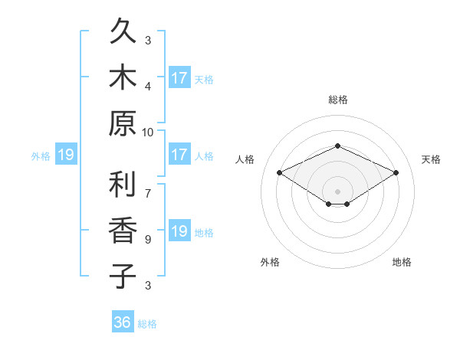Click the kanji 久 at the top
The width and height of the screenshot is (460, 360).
click(123, 30)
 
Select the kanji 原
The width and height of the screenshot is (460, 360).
click(123, 123)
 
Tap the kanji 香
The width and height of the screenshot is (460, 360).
click(123, 230)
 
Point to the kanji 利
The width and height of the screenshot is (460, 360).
click(123, 184)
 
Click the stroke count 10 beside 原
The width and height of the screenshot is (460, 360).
click(147, 133)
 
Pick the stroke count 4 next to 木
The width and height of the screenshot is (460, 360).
click(148, 87)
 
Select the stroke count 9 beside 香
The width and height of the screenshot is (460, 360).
click(148, 240)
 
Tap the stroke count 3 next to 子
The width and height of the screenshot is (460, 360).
click(148, 285)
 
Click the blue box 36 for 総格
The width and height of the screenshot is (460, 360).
click(123, 321)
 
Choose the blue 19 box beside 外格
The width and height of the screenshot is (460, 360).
click(66, 154)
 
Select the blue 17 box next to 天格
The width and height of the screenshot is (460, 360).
click(180, 77)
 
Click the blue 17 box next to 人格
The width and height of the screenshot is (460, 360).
click(180, 154)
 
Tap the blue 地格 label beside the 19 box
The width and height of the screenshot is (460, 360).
click(204, 233)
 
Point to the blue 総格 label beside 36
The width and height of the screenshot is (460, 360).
click(147, 324)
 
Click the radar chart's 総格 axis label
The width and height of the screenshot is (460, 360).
click(338, 100)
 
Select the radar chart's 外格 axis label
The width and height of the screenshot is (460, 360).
click(270, 262)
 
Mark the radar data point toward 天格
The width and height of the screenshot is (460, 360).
click(396, 172)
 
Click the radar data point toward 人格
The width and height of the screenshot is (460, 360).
click(280, 172)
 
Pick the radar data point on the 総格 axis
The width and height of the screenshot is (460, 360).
click(337, 146)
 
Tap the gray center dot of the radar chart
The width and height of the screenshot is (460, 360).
click(337, 191)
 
